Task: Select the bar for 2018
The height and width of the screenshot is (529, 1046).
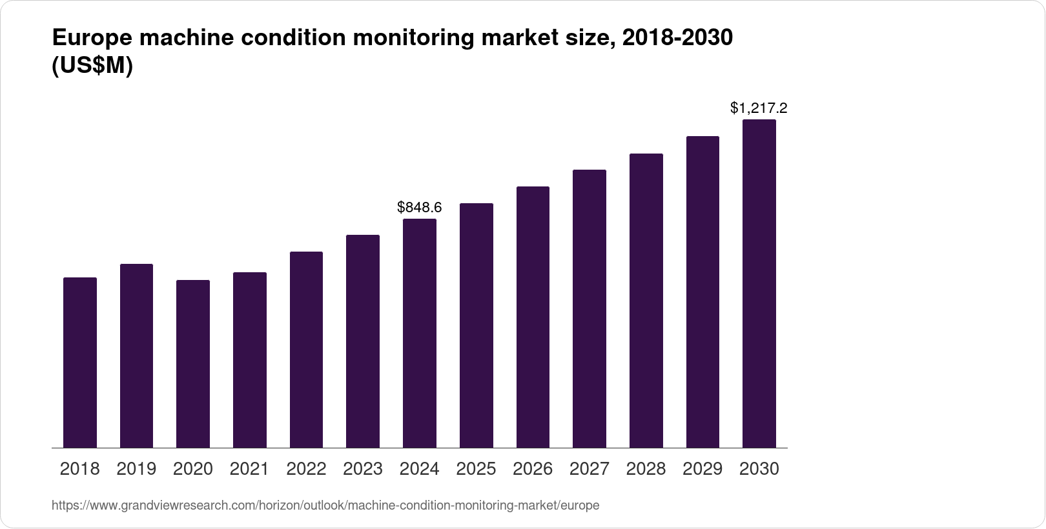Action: coord(80,363)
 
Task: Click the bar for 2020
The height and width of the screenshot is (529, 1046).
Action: coord(193,364)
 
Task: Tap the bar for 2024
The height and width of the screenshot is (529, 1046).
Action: coord(420,333)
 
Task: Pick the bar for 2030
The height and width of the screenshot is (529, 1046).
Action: coord(759,284)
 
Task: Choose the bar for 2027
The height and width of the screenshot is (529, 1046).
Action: coord(590,308)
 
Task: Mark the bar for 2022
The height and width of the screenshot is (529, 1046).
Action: coord(306,350)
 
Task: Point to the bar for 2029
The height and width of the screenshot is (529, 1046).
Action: coord(702,292)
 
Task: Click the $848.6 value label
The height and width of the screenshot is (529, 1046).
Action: coord(420,207)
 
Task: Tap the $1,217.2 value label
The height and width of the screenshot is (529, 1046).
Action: coord(759,108)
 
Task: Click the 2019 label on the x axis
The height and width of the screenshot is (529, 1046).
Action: coord(136,468)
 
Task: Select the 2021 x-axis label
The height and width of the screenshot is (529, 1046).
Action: coord(249,468)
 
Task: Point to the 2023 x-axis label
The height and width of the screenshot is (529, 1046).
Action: coord(363,468)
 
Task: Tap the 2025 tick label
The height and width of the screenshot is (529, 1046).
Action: coord(476,468)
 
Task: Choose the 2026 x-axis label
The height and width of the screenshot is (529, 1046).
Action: coord(533,468)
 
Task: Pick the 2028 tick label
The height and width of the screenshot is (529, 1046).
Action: coord(646,468)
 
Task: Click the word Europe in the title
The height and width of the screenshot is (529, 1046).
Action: coord(90,39)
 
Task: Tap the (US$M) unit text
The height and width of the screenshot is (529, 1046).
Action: coord(92,66)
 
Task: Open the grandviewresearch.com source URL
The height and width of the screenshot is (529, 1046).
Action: coord(325,506)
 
